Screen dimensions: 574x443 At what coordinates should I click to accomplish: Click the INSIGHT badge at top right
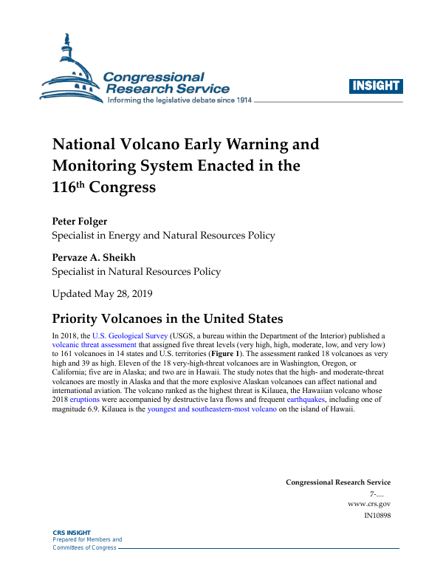point(377,86)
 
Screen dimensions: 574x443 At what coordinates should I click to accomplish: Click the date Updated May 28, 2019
point(102,293)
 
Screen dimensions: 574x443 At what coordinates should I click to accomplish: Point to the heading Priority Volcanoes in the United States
point(168,319)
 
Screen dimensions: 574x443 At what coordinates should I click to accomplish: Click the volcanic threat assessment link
point(94,344)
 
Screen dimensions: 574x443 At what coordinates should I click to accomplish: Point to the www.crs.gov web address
point(369,504)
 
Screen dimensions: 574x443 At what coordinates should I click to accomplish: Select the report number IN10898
point(377,515)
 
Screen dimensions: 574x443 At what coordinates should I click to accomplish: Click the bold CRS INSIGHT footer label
point(71,533)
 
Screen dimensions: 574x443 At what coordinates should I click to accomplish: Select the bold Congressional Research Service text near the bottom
point(338,482)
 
